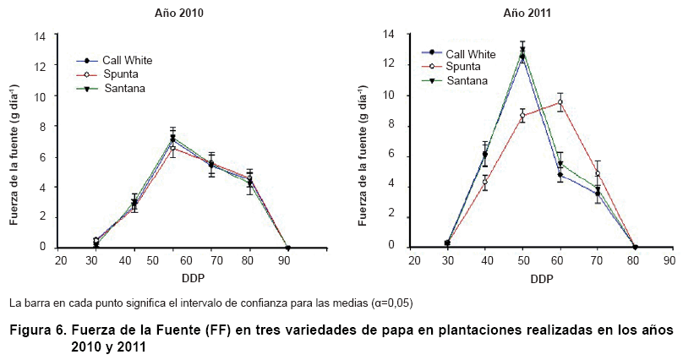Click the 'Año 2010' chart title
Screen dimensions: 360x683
tap(178, 14)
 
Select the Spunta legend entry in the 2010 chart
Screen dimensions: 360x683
tap(121, 74)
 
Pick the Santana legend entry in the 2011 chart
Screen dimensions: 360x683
tap(467, 80)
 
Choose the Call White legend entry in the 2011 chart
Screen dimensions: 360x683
tap(471, 52)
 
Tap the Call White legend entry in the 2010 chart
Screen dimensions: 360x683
tap(127, 60)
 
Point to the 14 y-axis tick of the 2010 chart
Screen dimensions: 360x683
tap(40, 36)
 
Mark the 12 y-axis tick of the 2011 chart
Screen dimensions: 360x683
tap(389, 64)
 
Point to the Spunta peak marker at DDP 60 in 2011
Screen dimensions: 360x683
tap(559, 102)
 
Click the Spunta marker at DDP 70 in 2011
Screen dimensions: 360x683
tap(597, 174)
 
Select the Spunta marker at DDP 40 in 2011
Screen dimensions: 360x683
tap(485, 182)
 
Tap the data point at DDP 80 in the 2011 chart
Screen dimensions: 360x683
tap(635, 247)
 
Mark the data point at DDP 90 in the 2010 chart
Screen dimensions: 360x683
tap(288, 248)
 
